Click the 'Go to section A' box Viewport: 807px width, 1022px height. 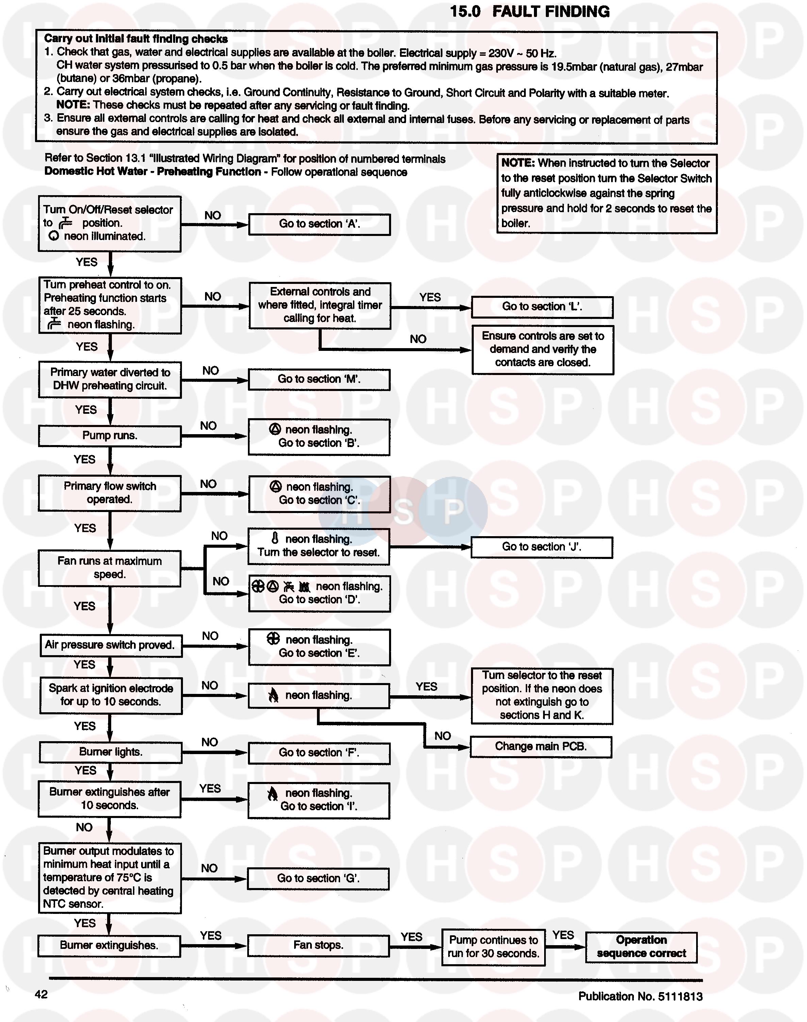click(319, 224)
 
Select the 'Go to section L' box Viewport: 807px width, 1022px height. click(542, 307)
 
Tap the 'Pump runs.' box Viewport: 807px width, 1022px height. click(110, 436)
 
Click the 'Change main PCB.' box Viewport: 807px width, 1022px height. click(540, 747)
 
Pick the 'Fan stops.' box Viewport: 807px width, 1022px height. click(318, 946)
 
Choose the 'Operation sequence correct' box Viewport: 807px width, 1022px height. click(641, 947)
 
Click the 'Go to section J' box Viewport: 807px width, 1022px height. click(541, 547)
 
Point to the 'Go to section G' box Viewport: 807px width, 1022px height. click(318, 879)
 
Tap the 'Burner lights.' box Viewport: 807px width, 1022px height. click(111, 752)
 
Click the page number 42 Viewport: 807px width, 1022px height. click(41, 994)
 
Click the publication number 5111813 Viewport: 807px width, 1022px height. click(680, 996)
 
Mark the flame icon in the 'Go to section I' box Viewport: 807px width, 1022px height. click(273, 794)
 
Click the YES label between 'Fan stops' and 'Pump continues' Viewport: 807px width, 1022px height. click(411, 937)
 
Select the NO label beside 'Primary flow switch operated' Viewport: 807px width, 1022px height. click(208, 484)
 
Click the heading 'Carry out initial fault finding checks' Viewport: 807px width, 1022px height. click(136, 39)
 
